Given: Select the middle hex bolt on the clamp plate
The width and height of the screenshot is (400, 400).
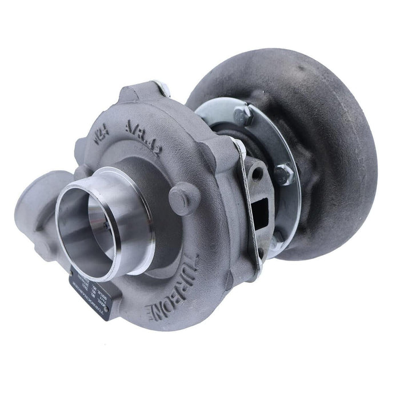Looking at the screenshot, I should tap(284, 172).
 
